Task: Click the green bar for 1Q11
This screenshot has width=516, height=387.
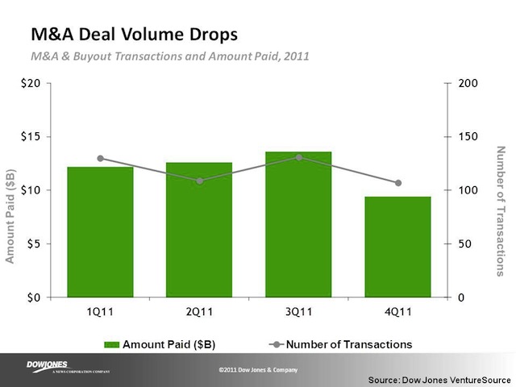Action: coord(100,232)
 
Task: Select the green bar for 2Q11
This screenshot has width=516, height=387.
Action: coord(199,230)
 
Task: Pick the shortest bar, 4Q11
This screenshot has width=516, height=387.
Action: coord(397,247)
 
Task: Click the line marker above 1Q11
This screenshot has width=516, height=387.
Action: coord(100,159)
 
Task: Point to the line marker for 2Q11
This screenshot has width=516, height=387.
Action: coord(199,181)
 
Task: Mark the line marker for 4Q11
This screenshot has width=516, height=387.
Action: coord(397,183)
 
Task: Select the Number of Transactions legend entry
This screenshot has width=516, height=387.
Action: coord(339,344)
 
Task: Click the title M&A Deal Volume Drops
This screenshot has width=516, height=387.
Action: coord(134,36)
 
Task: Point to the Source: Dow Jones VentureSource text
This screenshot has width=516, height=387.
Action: coord(434,378)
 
